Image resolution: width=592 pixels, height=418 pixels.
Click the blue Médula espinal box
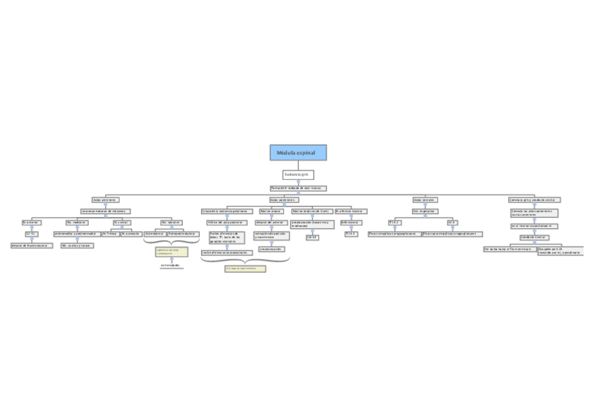pyautogui.click(x=298, y=153)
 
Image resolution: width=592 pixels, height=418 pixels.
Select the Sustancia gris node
pyautogui.click(x=298, y=174)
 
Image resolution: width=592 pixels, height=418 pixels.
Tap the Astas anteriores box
pyautogui.click(x=105, y=200)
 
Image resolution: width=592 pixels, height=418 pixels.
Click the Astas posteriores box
pyautogui.click(x=283, y=200)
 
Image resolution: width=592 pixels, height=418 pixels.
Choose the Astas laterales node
pyautogui.click(x=424, y=200)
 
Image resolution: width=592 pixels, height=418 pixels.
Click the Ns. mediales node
pyautogui.click(x=77, y=223)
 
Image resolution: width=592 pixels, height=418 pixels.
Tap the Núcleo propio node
pyautogui.click(x=270, y=211)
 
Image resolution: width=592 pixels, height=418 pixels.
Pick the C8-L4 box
pyautogui.click(x=312, y=237)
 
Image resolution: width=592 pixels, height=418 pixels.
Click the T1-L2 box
pyautogui.click(x=394, y=223)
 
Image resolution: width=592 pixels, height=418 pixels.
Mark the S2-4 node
pyautogui.click(x=452, y=223)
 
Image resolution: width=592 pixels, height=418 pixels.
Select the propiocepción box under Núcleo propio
pyautogui.click(x=272, y=248)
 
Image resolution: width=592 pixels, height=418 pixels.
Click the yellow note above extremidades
pyautogui.click(x=171, y=251)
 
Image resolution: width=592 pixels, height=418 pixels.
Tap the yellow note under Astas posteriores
pyautogui.click(x=245, y=268)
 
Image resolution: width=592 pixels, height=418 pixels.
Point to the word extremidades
pyautogui.click(x=170, y=265)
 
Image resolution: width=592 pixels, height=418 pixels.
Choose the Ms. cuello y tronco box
pyautogui.click(x=77, y=246)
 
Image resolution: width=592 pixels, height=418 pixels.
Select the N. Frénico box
pyautogui.click(x=110, y=234)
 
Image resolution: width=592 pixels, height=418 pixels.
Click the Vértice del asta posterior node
pyautogui.click(x=226, y=223)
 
